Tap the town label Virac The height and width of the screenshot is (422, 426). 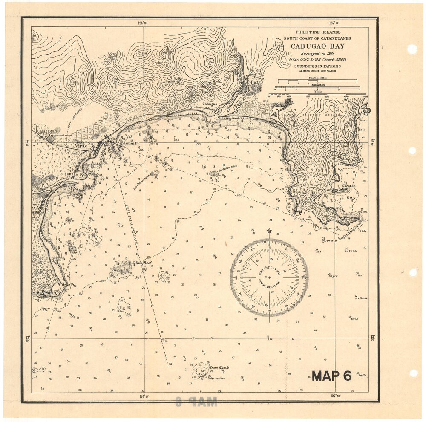click(x=81, y=146)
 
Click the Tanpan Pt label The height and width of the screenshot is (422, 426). click(x=73, y=174)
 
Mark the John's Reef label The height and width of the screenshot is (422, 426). click(x=142, y=263)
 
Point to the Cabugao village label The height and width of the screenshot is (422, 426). click(x=210, y=104)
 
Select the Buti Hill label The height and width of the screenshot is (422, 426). click(x=310, y=193)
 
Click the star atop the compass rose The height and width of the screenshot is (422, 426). click(x=269, y=231)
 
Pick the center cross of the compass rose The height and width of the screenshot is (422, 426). click(x=269, y=277)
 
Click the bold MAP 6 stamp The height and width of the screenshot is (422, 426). click(x=331, y=376)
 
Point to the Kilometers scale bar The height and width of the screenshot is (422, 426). click(x=317, y=87)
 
